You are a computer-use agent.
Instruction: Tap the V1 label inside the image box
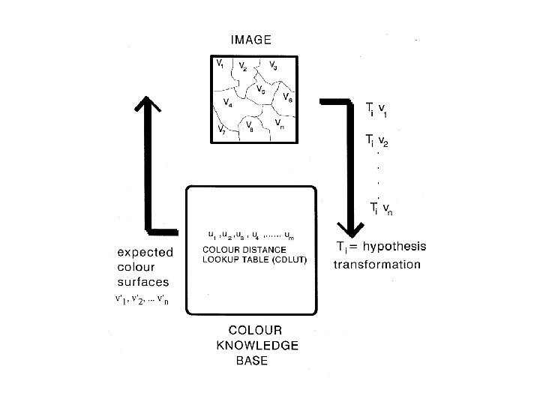(220, 64)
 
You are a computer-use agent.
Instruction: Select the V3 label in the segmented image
(274, 67)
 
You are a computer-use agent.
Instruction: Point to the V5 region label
(260, 90)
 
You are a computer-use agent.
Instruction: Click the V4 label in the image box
(227, 103)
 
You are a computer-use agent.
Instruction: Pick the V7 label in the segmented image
(221, 130)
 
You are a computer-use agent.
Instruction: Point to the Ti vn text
(382, 208)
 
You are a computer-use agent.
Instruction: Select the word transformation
(377, 264)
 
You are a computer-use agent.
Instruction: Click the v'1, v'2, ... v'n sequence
(142, 302)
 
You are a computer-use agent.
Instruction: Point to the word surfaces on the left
(143, 283)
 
